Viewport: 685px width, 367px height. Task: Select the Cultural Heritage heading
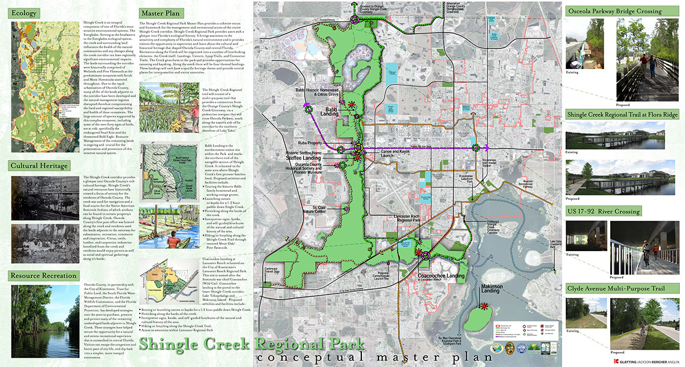point(39,166)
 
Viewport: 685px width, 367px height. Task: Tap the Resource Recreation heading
point(43,275)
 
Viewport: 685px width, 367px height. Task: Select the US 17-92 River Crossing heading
point(603,211)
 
